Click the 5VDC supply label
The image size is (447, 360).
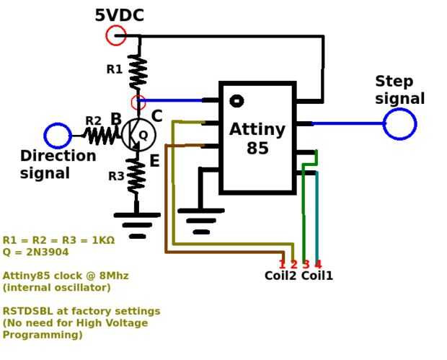pos(119,15)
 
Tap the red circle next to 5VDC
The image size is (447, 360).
pos(115,35)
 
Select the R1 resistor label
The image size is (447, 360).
pos(114,69)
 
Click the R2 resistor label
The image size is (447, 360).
pos(94,120)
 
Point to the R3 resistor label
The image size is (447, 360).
pos(116,175)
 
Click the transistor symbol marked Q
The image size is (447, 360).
pos(139,134)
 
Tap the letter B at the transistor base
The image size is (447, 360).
pos(116,119)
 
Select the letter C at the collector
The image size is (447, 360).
pos(156,116)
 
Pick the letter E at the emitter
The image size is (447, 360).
pos(154,162)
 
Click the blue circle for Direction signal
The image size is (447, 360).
pos(58,136)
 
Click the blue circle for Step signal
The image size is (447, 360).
pos(399,124)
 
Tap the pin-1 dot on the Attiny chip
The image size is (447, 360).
pos(236,101)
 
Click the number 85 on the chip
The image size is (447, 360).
pos(257,149)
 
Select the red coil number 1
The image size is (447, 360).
pos(282,264)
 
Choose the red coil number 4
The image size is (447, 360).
pos(318,264)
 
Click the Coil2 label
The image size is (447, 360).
pos(280,276)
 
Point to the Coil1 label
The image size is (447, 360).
pos(317,276)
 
